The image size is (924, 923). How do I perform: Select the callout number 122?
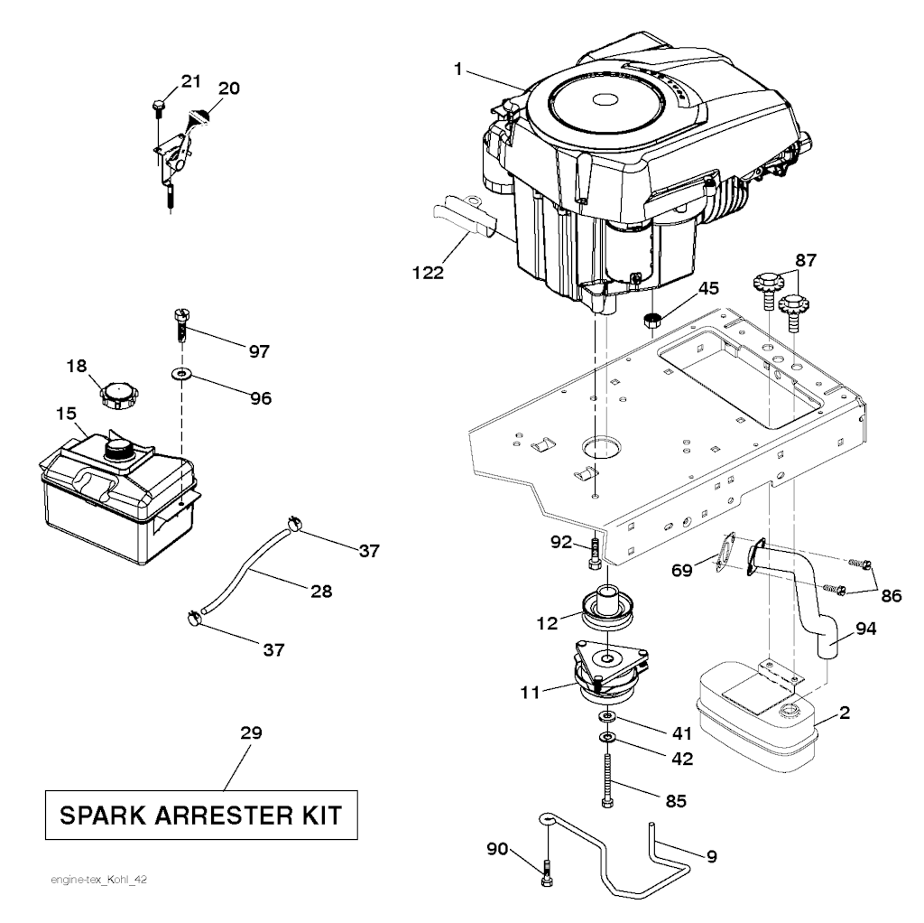pyautogui.click(x=428, y=273)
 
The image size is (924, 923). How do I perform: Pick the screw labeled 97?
pyautogui.click(x=180, y=324)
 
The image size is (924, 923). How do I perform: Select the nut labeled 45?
pyautogui.click(x=651, y=321)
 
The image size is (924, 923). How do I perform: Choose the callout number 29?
pyautogui.click(x=251, y=732)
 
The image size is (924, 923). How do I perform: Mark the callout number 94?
pyautogui.click(x=865, y=629)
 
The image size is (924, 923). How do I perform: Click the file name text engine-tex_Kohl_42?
pyautogui.click(x=98, y=880)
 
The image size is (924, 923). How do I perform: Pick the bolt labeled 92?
pyautogui.click(x=594, y=554)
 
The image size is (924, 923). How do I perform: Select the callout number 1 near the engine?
pyautogui.click(x=457, y=69)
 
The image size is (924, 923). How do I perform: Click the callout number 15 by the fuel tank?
pyautogui.click(x=66, y=414)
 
